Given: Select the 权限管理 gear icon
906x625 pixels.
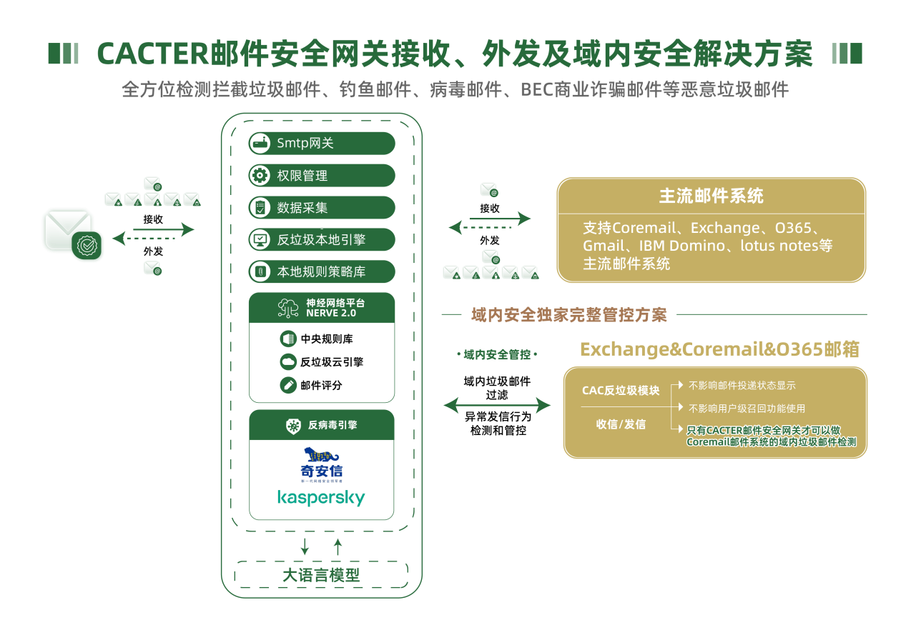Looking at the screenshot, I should [259, 175].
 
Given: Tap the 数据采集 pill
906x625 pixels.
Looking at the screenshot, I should [321, 208].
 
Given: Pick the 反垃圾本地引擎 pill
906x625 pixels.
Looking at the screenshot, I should [321, 240].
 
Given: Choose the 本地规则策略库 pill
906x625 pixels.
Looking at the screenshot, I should [321, 272].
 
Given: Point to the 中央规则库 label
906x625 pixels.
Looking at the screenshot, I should [327, 339].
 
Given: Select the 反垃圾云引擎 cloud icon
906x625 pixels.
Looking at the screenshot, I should [288, 361].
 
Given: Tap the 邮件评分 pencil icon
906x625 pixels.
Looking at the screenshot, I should [288, 385].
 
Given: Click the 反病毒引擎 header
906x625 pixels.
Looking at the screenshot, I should [322, 425].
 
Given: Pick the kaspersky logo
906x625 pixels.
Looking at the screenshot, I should [321, 497].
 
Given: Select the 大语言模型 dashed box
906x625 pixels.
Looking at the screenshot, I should [321, 574].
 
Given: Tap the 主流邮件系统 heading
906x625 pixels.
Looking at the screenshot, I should [711, 196].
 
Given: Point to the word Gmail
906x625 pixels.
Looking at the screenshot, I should [604, 246].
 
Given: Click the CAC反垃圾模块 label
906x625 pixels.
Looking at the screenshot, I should [621, 390].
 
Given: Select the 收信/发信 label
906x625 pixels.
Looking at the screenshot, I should [621, 424].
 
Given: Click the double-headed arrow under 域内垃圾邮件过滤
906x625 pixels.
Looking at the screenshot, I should [497, 406].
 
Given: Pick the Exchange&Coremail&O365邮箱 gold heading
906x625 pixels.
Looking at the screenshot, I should [719, 349].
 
